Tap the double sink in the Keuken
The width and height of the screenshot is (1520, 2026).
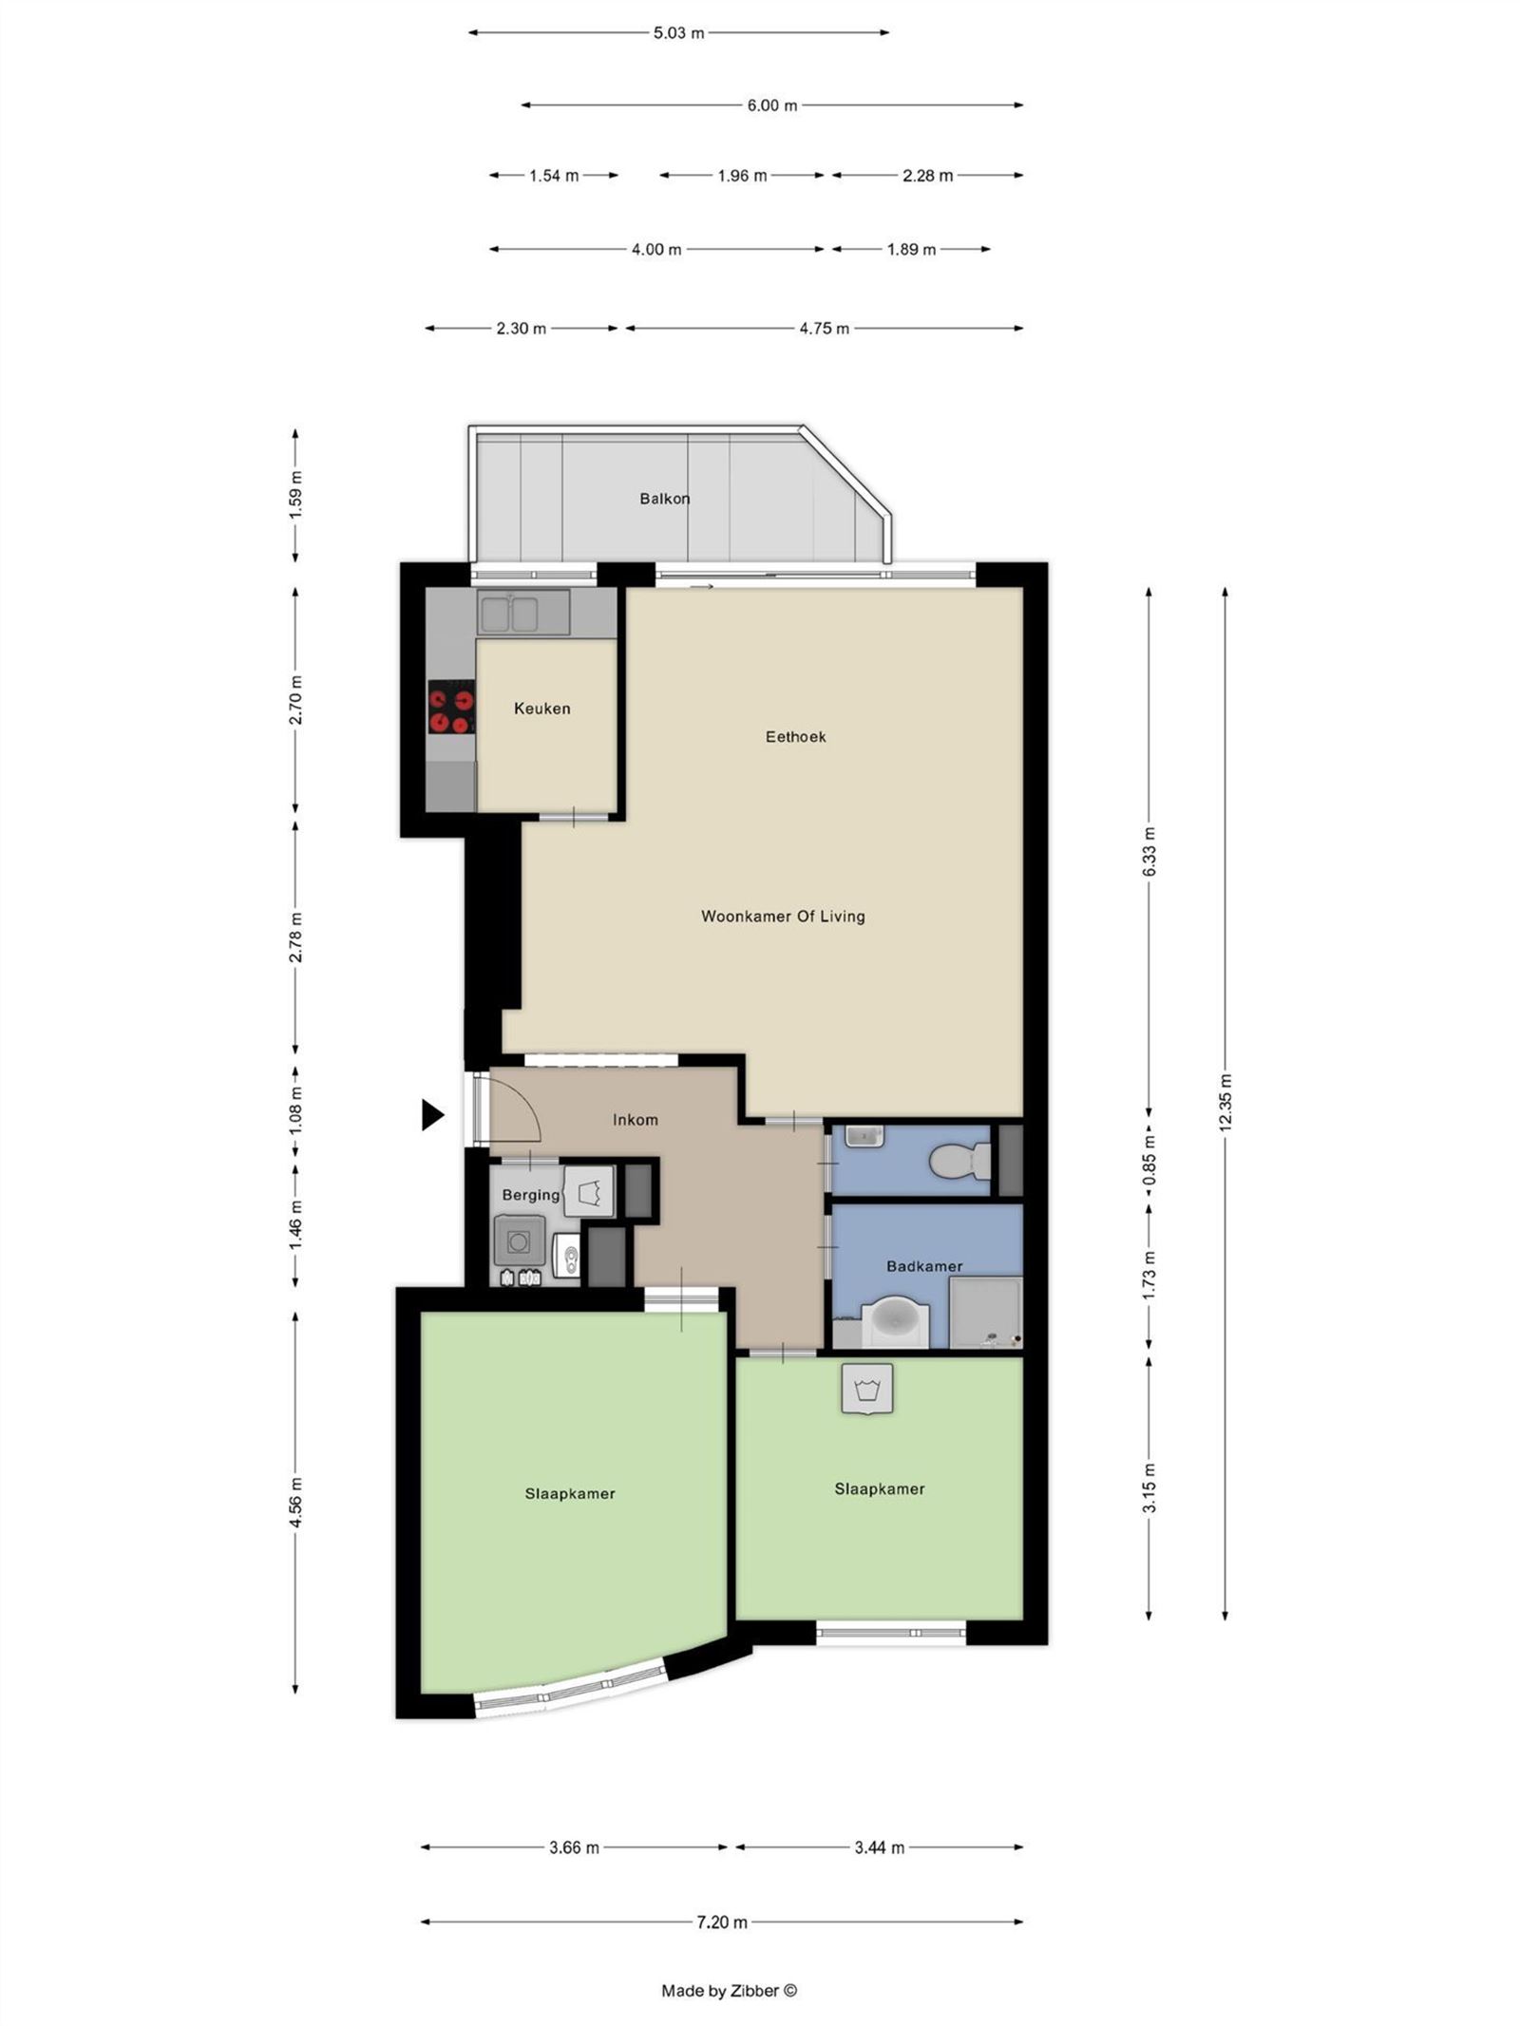pyautogui.click(x=510, y=613)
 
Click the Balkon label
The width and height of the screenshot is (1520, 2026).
pyautogui.click(x=664, y=499)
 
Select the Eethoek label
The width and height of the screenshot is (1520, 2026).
pyautogui.click(x=795, y=736)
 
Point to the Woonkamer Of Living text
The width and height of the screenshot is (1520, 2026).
pyautogui.click(x=783, y=917)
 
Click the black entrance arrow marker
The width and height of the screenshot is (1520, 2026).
pyautogui.click(x=432, y=1114)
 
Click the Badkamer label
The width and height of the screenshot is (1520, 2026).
pyautogui.click(x=923, y=1266)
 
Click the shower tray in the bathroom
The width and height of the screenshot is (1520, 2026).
pyautogui.click(x=984, y=1312)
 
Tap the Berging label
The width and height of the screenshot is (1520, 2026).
pyautogui.click(x=530, y=1195)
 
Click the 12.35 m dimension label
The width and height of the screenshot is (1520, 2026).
pyautogui.click(x=1225, y=1103)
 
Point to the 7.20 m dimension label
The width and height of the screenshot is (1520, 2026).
pyautogui.click(x=722, y=1922)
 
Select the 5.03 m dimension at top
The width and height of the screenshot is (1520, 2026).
pyautogui.click(x=678, y=33)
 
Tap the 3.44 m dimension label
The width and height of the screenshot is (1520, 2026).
pyautogui.click(x=879, y=1847)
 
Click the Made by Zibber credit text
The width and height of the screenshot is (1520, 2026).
pyautogui.click(x=729, y=1991)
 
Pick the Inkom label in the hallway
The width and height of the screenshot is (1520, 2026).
pyautogui.click(x=635, y=1120)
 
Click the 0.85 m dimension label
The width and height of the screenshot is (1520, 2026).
pyautogui.click(x=1149, y=1166)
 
